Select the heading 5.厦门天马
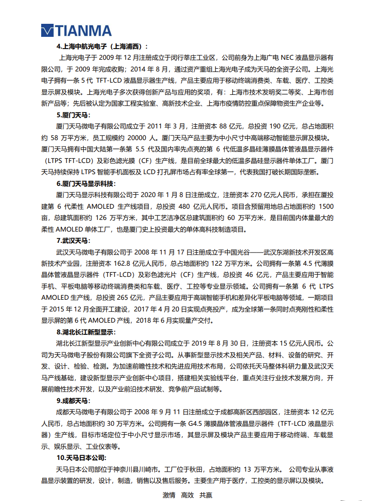point(73,115)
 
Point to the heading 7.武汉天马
point(72,241)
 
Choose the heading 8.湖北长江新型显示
point(86,332)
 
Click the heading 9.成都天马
point(73,401)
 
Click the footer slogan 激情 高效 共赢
point(187,495)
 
